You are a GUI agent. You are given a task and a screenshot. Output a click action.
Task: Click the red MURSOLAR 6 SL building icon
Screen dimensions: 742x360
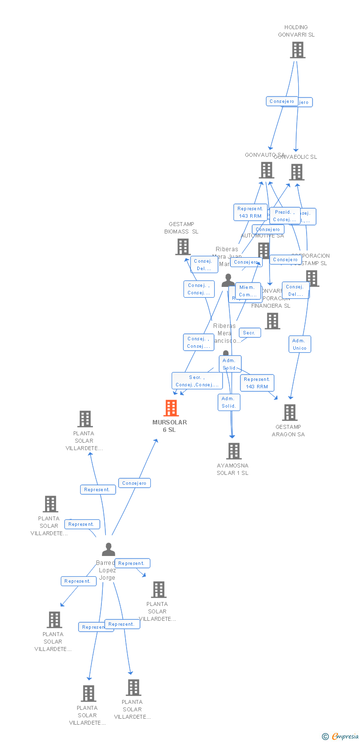tap(171, 408)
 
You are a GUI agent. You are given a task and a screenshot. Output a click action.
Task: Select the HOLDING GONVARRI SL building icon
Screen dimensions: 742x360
tap(297, 50)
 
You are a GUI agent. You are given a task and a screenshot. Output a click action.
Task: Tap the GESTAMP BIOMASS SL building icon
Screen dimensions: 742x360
tap(183, 246)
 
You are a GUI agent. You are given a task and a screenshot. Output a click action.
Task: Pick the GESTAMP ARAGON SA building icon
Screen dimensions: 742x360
tap(290, 412)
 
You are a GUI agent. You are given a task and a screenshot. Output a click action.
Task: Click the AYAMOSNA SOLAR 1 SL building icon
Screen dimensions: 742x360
tap(234, 451)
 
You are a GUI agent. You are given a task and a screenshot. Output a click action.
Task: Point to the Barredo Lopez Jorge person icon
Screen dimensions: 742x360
tap(108, 550)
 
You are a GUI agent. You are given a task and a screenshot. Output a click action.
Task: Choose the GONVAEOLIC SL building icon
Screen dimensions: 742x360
tap(297, 172)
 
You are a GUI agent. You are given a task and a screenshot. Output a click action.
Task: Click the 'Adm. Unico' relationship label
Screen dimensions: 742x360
tap(300, 344)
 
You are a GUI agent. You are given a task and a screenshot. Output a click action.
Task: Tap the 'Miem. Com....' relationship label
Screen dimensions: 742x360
tap(247, 291)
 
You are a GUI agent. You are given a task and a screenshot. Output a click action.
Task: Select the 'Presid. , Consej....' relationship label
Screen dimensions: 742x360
tap(284, 216)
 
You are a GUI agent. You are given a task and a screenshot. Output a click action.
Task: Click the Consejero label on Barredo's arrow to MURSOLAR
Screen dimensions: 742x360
tap(135, 483)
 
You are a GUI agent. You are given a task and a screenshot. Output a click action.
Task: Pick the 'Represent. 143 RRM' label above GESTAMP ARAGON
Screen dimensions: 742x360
tap(257, 383)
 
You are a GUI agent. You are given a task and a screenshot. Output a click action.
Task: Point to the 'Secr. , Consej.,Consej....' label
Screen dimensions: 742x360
tap(197, 381)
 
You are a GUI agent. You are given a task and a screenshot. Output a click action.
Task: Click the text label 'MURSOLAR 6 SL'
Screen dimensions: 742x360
tap(170, 426)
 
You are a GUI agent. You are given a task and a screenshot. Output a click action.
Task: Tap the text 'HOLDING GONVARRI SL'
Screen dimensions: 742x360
tap(296, 31)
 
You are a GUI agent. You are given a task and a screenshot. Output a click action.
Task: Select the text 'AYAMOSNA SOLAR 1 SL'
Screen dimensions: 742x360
tap(232, 469)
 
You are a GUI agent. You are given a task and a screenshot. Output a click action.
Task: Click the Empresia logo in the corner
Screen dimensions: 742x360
tap(340, 737)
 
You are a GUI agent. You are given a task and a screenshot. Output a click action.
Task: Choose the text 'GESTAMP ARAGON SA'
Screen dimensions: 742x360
tap(288, 430)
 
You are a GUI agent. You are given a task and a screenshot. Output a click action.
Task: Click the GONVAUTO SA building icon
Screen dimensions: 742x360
tap(267, 170)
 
